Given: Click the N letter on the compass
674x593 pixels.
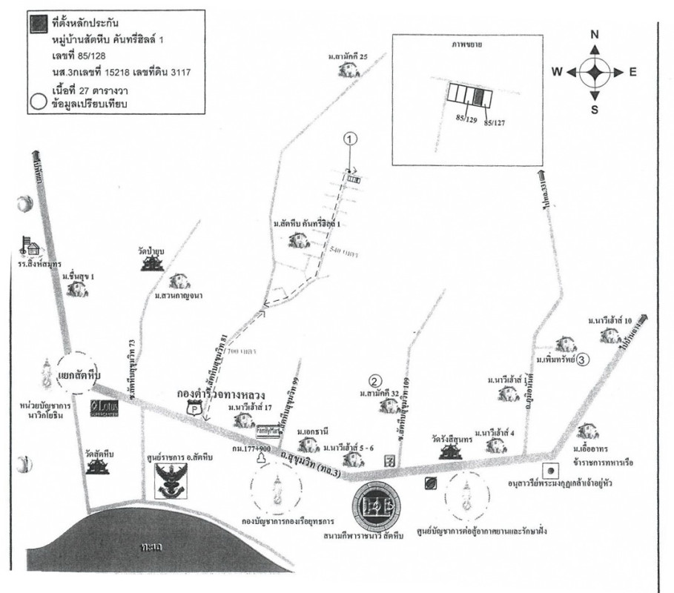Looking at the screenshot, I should tap(595, 35).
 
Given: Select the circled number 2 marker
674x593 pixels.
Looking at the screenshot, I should tap(376, 381).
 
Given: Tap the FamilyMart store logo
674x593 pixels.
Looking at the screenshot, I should tap(268, 429).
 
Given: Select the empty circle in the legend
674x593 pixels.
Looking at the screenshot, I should tap(33, 102).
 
